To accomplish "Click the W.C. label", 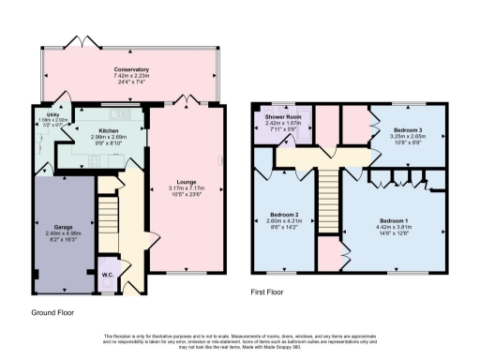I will (x=108, y=275).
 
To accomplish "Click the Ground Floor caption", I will (x=52, y=312).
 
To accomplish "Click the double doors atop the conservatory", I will (x=85, y=42).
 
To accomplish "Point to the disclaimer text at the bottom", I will (x=240, y=341).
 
